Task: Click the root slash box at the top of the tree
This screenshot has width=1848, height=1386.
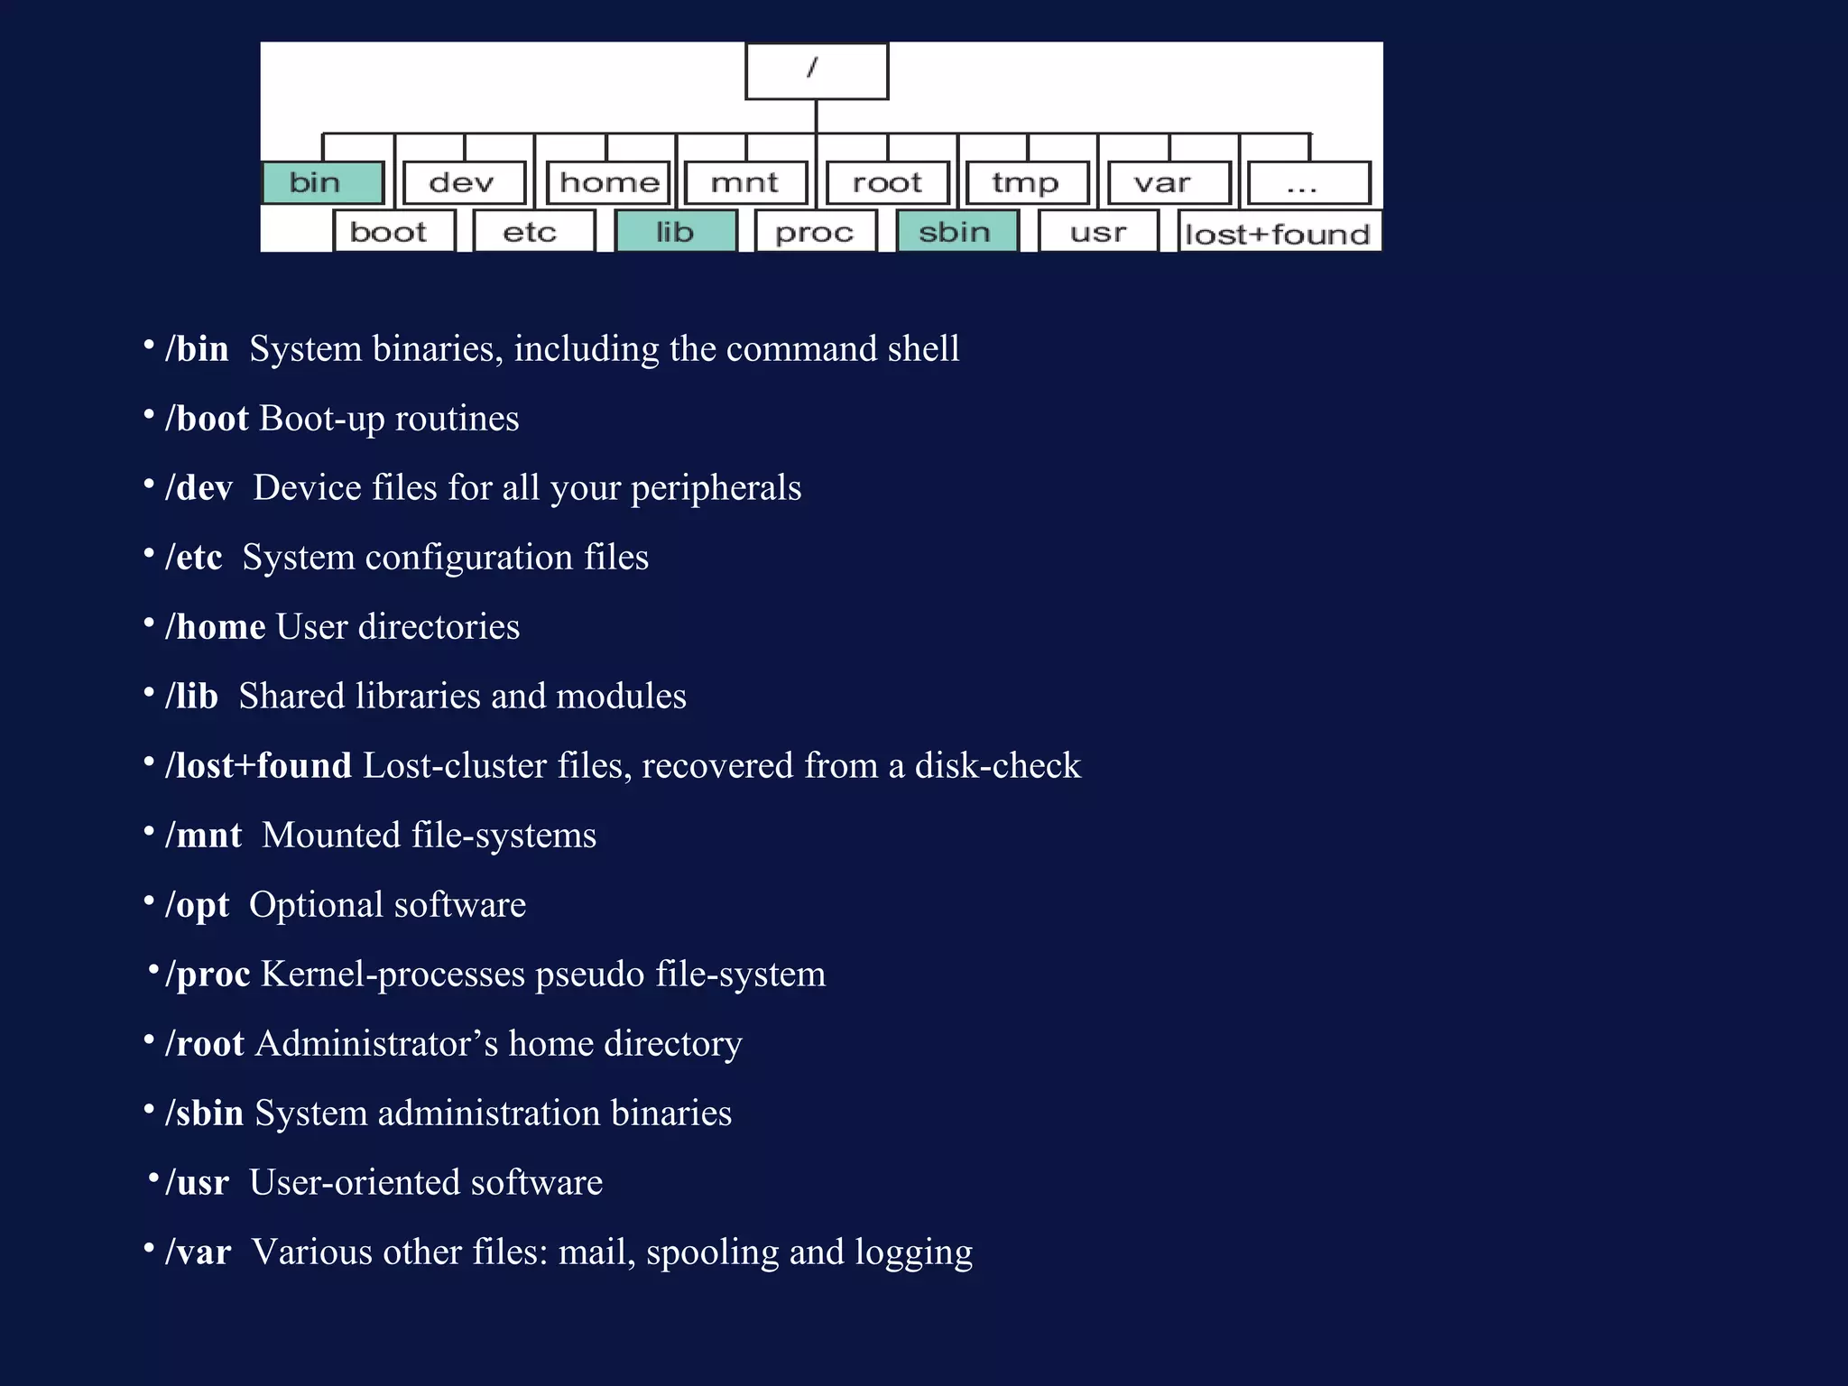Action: pyautogui.click(x=816, y=70)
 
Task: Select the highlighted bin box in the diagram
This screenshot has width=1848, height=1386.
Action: pyautogui.click(x=322, y=183)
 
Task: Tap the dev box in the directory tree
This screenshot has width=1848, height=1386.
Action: pyautogui.click(x=464, y=183)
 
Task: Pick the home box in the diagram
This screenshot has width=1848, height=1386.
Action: pyautogui.click(x=609, y=183)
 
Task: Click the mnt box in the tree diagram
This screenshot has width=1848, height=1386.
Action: pyautogui.click(x=745, y=183)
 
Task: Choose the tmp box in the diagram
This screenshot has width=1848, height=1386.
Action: pyautogui.click(x=1026, y=183)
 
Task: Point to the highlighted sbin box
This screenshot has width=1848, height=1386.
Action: pyautogui.click(x=956, y=232)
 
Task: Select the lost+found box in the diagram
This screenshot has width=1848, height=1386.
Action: pyautogui.click(x=1279, y=234)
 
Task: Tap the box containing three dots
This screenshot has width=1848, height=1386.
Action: pyautogui.click(x=1307, y=183)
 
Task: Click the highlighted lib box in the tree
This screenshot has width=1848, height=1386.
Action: pyautogui.click(x=675, y=232)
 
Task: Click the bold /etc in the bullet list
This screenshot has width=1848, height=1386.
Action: pyautogui.click(x=193, y=558)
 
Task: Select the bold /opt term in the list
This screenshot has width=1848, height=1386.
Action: pyautogui.click(x=197, y=905)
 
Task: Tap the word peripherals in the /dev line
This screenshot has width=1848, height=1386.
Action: pyautogui.click(x=716, y=488)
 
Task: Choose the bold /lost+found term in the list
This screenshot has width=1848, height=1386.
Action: pyautogui.click(x=258, y=766)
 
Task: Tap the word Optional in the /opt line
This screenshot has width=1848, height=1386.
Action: pyautogui.click(x=316, y=905)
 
